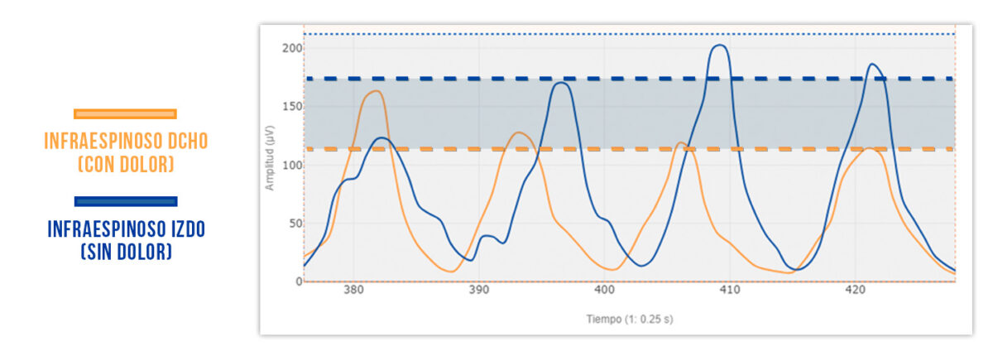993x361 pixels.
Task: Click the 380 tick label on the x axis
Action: [353, 291]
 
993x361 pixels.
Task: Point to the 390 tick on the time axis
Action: [478, 291]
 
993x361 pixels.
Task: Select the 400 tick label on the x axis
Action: [604, 291]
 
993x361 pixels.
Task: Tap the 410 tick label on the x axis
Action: [730, 291]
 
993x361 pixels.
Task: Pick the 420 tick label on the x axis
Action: [855, 291]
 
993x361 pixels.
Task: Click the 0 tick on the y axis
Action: [296, 282]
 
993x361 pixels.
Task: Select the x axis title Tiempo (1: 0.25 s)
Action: [630, 319]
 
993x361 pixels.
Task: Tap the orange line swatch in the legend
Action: [125, 114]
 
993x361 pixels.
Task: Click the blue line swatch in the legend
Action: [125, 201]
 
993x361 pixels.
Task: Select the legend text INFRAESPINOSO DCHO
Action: [126, 142]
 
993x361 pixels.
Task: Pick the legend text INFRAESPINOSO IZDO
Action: [126, 229]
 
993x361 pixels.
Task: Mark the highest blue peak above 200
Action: [720, 46]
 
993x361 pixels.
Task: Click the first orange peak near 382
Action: [375, 91]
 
